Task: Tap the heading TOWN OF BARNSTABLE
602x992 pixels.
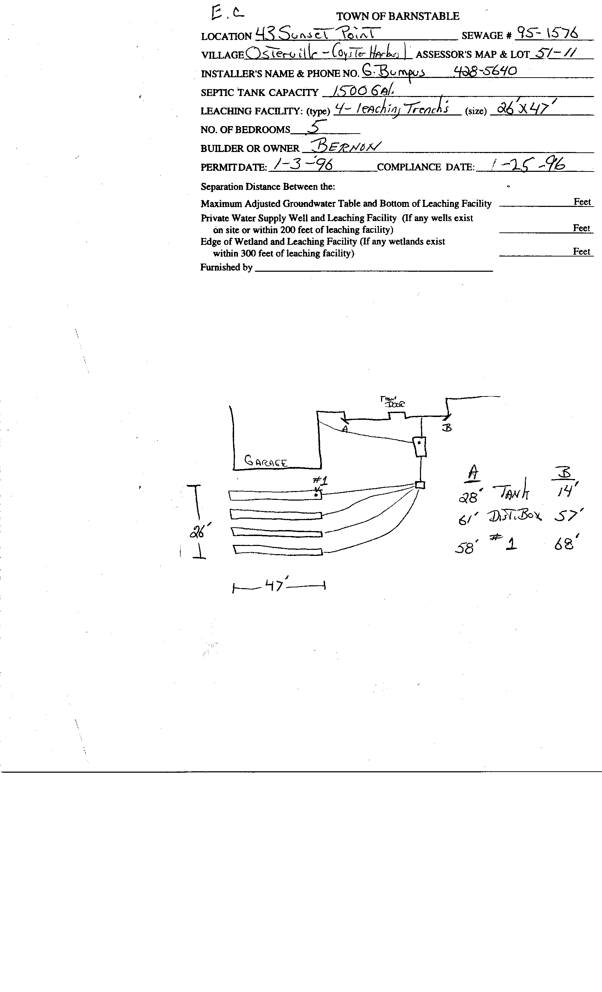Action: point(398,16)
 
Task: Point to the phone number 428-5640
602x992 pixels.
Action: point(485,71)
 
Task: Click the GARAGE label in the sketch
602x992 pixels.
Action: point(266,461)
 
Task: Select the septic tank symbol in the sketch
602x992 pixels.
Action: point(420,447)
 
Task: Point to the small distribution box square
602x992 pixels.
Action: point(420,485)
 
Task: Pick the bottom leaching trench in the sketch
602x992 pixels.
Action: point(278,550)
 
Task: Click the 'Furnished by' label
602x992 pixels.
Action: point(226,267)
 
